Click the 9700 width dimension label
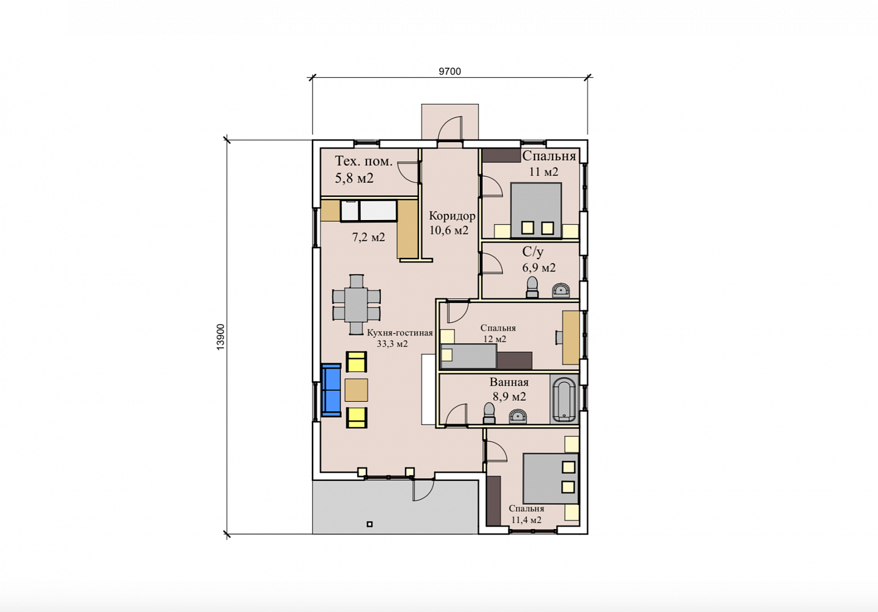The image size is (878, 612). pos(450,71)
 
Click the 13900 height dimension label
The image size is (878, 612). pos(221,337)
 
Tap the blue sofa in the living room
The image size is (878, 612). pos(331,390)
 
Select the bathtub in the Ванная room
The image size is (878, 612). pos(564,399)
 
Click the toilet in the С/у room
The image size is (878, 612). pos(532,287)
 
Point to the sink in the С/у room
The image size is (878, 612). pos(561,290)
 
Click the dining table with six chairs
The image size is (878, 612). pos(356,304)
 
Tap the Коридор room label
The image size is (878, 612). pos(452,216)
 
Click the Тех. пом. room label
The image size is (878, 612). pos(363,161)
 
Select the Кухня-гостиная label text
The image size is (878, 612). pos(400,333)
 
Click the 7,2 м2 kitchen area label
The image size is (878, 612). pos(368,237)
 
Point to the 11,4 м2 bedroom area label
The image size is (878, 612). pos(526,520)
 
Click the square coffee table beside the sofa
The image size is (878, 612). pos(356,390)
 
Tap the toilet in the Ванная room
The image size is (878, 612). pos(489,413)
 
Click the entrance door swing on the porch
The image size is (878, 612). pos(450,128)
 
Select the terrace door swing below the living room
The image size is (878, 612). pos(423,490)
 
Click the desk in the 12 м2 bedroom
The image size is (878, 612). pos(571,338)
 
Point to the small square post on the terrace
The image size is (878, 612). pos(369,524)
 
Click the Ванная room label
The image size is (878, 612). pos(509,382)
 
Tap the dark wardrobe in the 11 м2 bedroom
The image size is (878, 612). pos(501,155)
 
